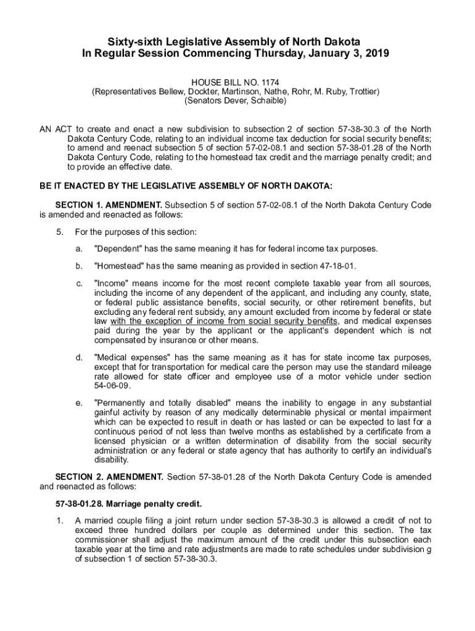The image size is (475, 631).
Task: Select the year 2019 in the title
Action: pos(376,54)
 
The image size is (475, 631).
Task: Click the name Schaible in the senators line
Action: pos(268,100)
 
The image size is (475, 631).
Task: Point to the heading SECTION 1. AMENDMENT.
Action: pos(109,205)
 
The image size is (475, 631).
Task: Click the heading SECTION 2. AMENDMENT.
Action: pos(109,476)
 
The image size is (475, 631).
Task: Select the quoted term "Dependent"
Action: pos(118,249)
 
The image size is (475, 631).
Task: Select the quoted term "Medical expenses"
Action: pos(133,357)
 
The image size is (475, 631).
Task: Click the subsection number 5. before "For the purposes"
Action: pos(59,232)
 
